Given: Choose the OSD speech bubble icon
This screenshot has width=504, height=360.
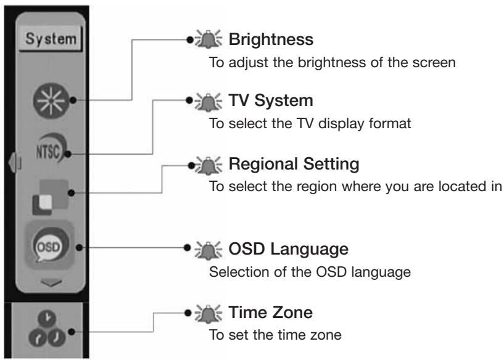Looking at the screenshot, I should tap(49, 247).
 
